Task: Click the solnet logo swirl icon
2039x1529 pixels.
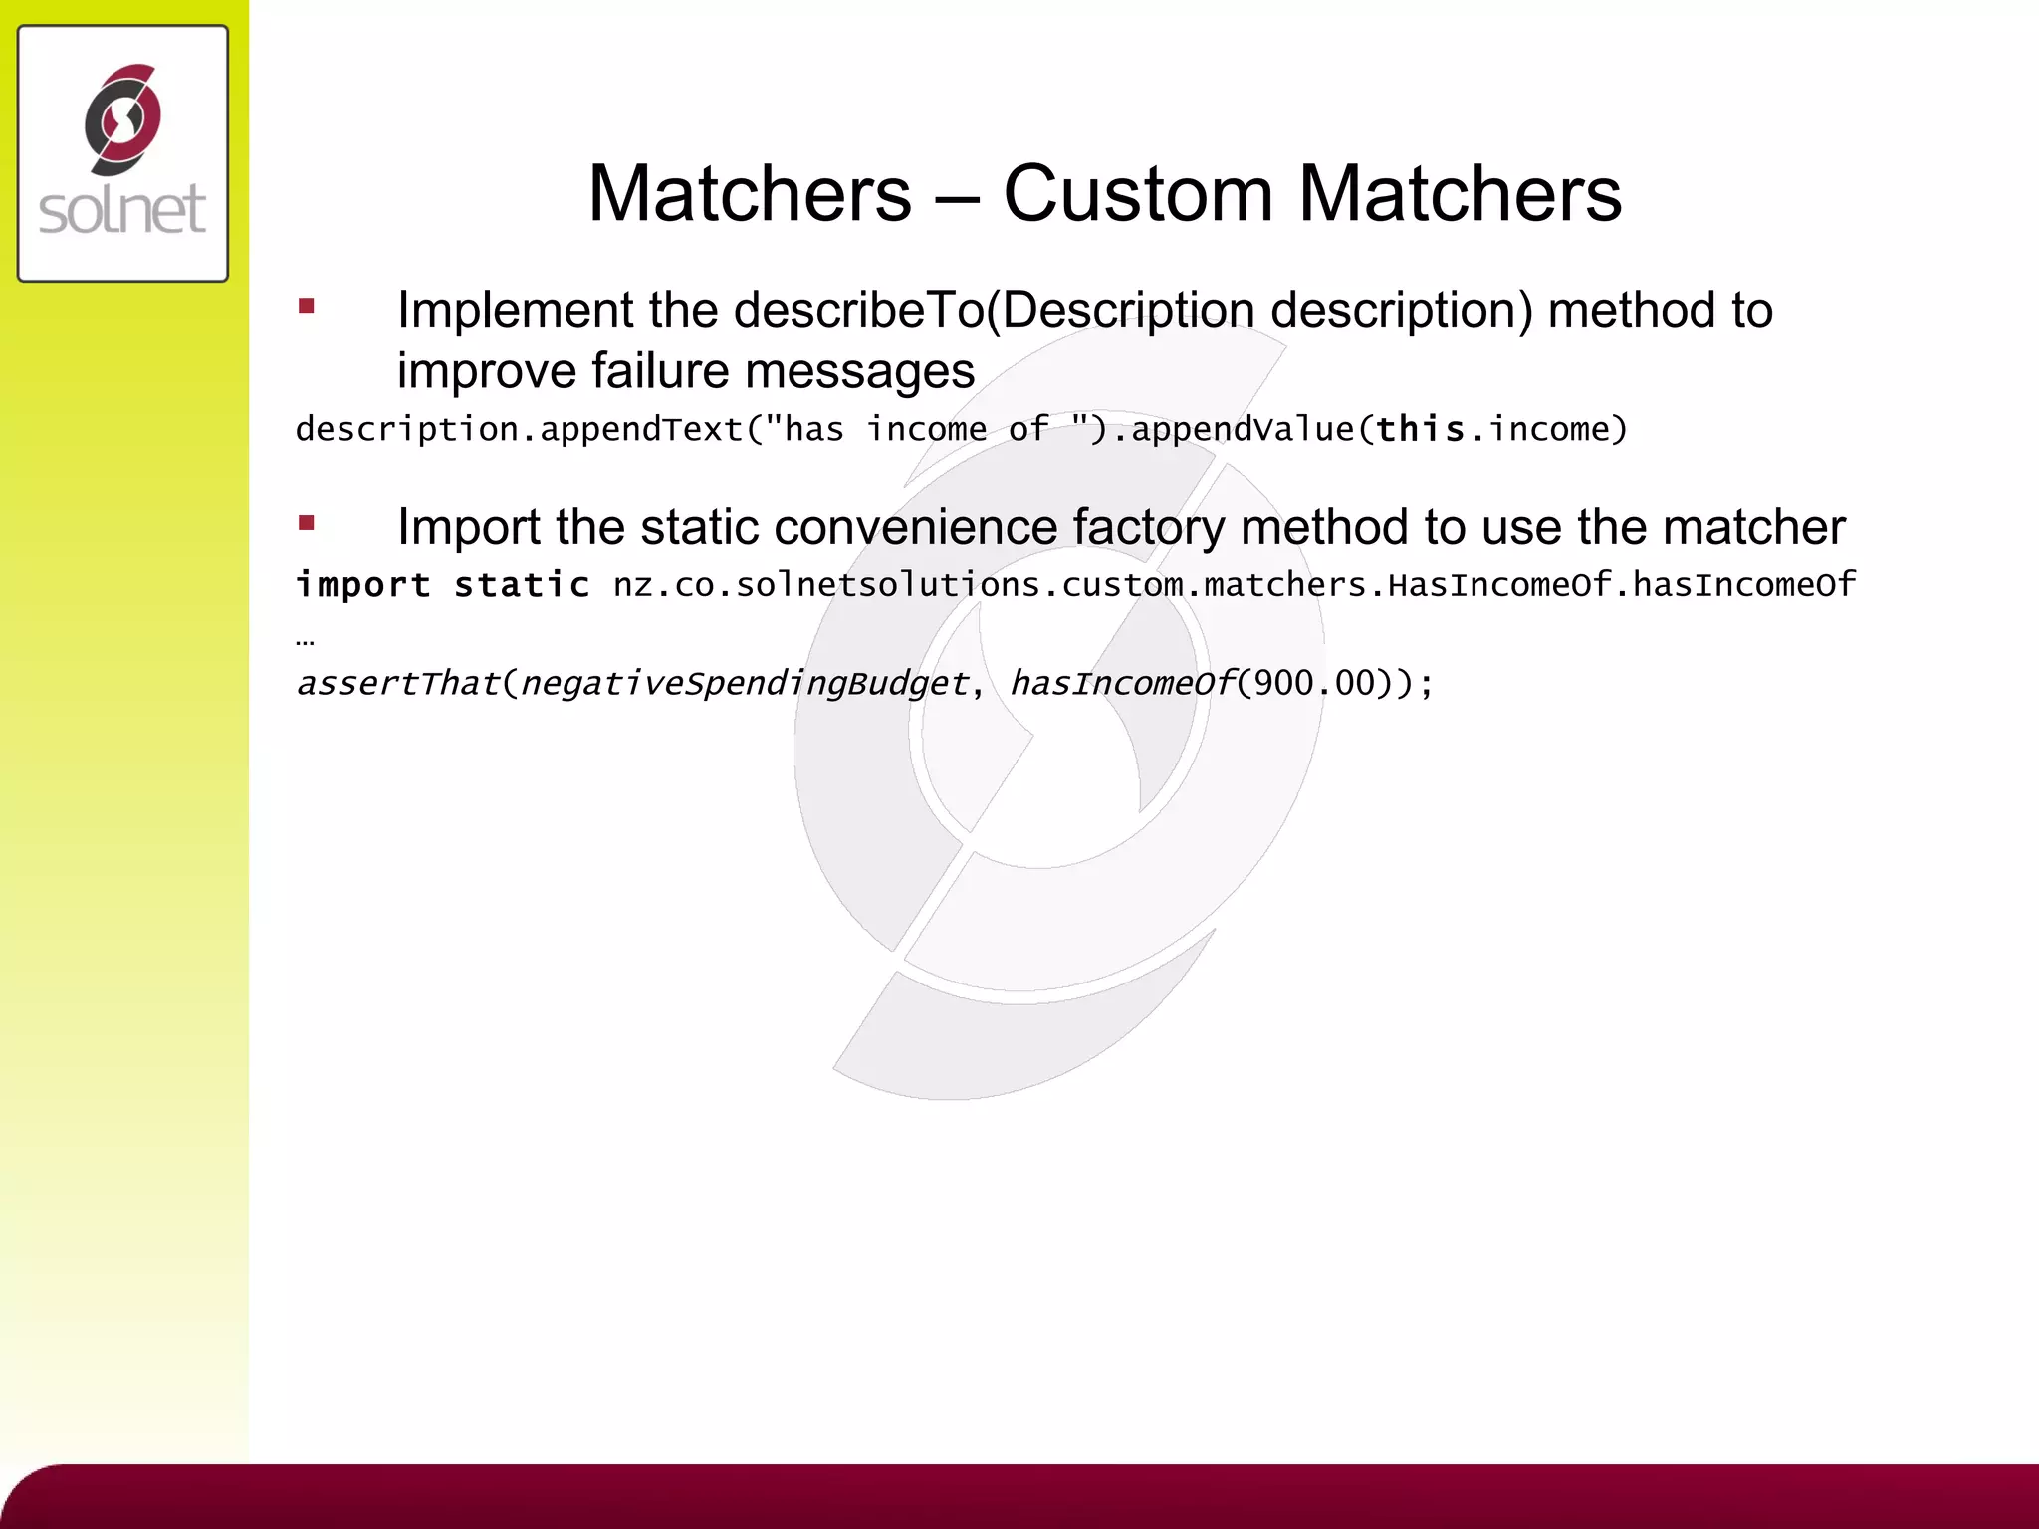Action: point(122,119)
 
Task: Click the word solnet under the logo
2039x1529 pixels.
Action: point(122,210)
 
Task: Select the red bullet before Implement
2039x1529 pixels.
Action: point(307,307)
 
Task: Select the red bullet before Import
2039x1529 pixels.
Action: point(307,523)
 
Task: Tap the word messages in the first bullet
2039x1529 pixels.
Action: point(859,371)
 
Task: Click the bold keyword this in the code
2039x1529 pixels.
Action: point(1421,429)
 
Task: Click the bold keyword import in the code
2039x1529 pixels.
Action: point(363,585)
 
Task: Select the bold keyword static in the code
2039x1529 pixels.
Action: point(522,585)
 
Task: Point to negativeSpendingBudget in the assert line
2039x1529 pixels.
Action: point(744,684)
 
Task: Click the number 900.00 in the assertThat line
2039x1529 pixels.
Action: point(1314,684)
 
